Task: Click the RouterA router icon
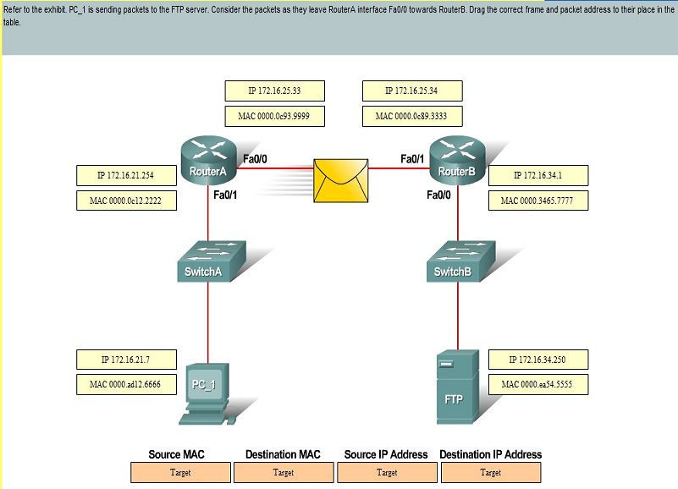[209, 161]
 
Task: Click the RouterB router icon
[458, 161]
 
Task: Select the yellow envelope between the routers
[341, 181]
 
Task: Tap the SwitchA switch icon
[212, 261]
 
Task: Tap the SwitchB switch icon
[461, 261]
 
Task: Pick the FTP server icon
[457, 387]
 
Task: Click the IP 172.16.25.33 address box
[274, 91]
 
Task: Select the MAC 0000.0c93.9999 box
[274, 116]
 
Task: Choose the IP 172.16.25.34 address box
[412, 91]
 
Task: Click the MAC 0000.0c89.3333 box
[412, 116]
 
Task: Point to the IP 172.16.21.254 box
[126, 175]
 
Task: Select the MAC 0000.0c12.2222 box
[126, 201]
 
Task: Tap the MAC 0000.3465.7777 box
[538, 201]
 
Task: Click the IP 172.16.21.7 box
[126, 360]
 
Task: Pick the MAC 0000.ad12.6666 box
[126, 384]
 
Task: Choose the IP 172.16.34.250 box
[538, 360]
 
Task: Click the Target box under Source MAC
[180, 473]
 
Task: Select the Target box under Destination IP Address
[491, 473]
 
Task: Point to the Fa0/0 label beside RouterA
[255, 159]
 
